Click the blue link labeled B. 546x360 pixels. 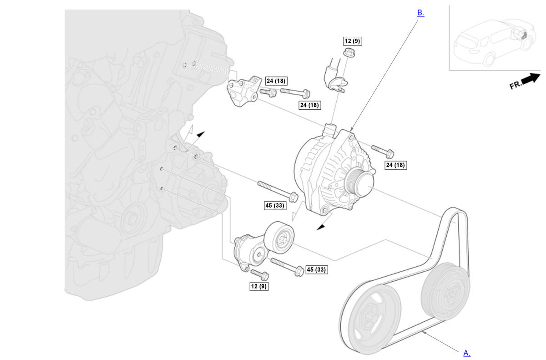[x=420, y=13]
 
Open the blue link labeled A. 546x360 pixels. [x=466, y=353]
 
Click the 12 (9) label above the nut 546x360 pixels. [x=352, y=41]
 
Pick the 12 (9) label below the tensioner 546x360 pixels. [x=259, y=286]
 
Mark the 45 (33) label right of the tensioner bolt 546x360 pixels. [x=317, y=269]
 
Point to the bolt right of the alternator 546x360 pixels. [x=383, y=151]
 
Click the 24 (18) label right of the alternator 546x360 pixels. [x=395, y=165]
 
